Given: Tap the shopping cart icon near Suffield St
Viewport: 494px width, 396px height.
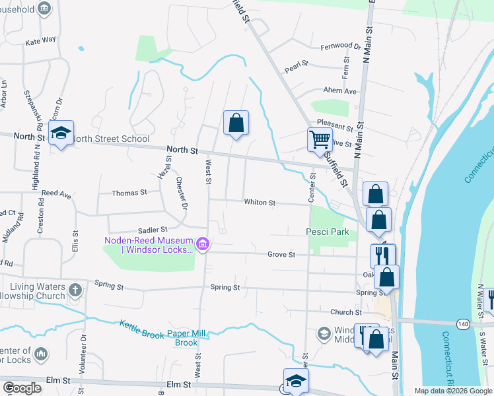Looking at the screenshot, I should point(320,139).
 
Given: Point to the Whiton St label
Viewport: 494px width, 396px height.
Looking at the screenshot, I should point(259,203).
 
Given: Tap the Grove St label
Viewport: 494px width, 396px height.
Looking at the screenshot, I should point(281,254).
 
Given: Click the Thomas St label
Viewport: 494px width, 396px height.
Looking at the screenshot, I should point(129,193).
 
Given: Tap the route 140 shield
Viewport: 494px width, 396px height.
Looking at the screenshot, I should point(463,323).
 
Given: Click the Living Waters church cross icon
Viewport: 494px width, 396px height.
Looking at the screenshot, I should point(75,289).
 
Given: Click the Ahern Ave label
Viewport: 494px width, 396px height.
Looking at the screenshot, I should point(339,91).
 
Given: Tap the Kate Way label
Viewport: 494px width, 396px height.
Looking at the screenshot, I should point(40,41).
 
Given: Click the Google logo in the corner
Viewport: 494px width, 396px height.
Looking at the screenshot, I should point(22,388).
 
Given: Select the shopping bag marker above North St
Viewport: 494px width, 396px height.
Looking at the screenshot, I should point(236,123).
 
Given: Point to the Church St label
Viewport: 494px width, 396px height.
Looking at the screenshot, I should point(346,312).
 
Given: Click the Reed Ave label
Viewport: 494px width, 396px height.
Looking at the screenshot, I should point(56,195).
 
